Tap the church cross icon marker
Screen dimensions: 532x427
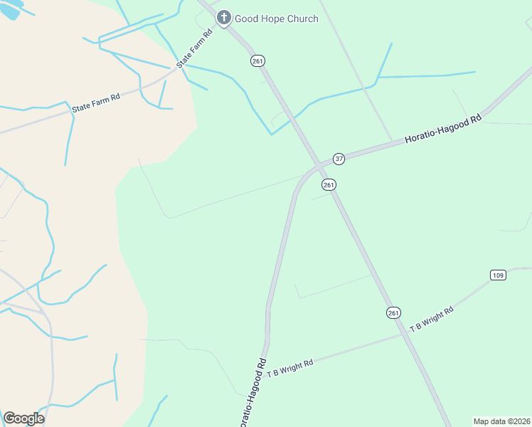tap(224, 17)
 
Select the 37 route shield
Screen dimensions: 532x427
tap(339, 159)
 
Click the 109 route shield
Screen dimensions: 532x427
tap(497, 275)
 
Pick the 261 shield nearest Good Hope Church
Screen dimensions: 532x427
tap(257, 61)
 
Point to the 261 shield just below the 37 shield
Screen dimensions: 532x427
tap(328, 185)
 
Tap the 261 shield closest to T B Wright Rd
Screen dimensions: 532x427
tap(393, 312)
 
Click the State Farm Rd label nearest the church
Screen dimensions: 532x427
tap(195, 48)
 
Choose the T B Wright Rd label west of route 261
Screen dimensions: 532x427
tap(290, 369)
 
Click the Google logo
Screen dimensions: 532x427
tap(23, 418)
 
